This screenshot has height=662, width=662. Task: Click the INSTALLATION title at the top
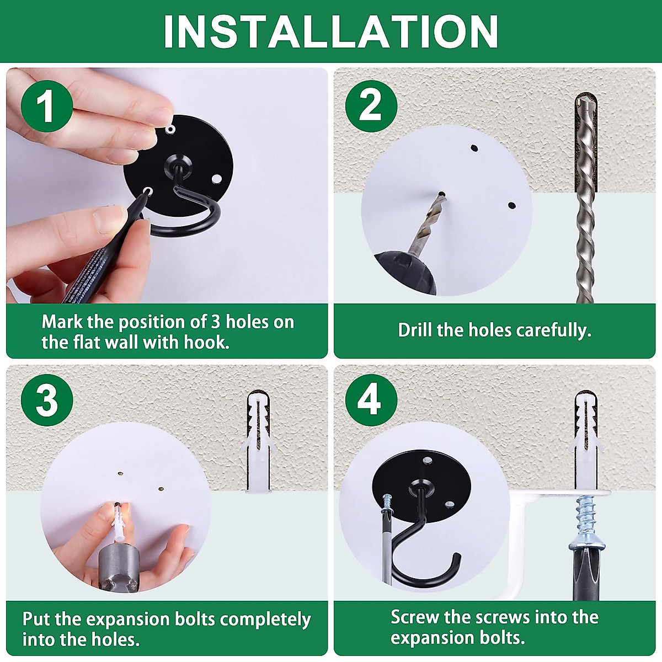point(330,31)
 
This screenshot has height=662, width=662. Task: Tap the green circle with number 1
point(47,106)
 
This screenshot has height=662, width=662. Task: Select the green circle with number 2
point(371,106)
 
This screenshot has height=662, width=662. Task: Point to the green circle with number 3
point(47,400)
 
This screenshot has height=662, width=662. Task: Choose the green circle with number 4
point(371,400)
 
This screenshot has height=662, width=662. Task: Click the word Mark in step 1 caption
point(62,322)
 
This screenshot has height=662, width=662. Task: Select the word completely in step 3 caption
point(265,620)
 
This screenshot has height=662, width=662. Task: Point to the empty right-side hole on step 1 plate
point(216,179)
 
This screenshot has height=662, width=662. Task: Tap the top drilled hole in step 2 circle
point(474,148)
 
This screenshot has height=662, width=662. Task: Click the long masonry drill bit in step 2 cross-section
point(585,198)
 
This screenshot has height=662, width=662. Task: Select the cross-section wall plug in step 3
point(258,442)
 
